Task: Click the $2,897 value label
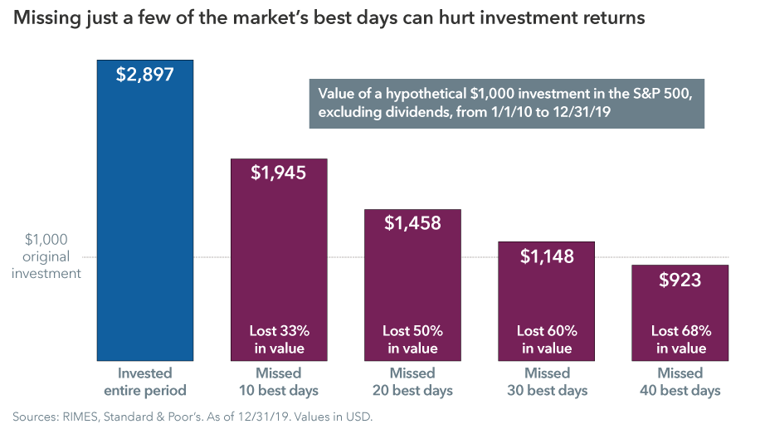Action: pyautogui.click(x=145, y=75)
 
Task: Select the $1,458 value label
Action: pyautogui.click(x=413, y=223)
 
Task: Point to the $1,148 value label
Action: pyautogui.click(x=547, y=256)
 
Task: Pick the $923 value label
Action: pyautogui.click(x=680, y=280)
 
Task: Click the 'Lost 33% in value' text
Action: pyautogui.click(x=279, y=339)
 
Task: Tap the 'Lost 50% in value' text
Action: pyautogui.click(x=413, y=339)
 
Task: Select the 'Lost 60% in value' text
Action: pyautogui.click(x=547, y=339)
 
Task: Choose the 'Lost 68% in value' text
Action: pyautogui.click(x=680, y=339)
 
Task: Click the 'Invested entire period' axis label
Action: pyautogui.click(x=145, y=382)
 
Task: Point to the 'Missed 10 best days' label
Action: pyautogui.click(x=279, y=382)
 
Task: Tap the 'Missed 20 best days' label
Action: pyautogui.click(x=413, y=382)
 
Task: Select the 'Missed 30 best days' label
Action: pyautogui.click(x=547, y=382)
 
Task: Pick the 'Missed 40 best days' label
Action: pyautogui.click(x=680, y=382)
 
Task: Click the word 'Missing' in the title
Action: pyautogui.click(x=41, y=17)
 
